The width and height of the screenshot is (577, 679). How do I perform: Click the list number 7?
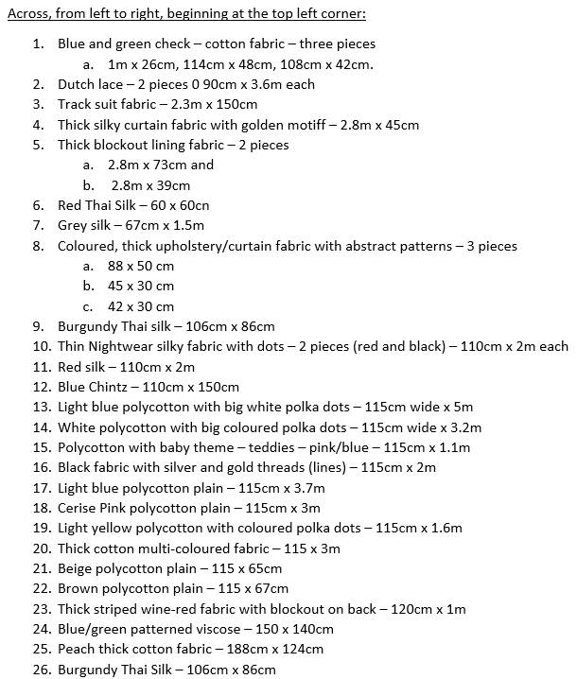pos(38,225)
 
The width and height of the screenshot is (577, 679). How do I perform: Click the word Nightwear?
pos(124,346)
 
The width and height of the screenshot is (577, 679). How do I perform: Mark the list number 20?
pos(41,548)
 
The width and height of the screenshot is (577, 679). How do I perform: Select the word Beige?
pos(76,568)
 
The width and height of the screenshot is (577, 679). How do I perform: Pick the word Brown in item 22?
pos(79,588)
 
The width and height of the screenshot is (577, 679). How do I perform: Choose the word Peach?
pos(78,649)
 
